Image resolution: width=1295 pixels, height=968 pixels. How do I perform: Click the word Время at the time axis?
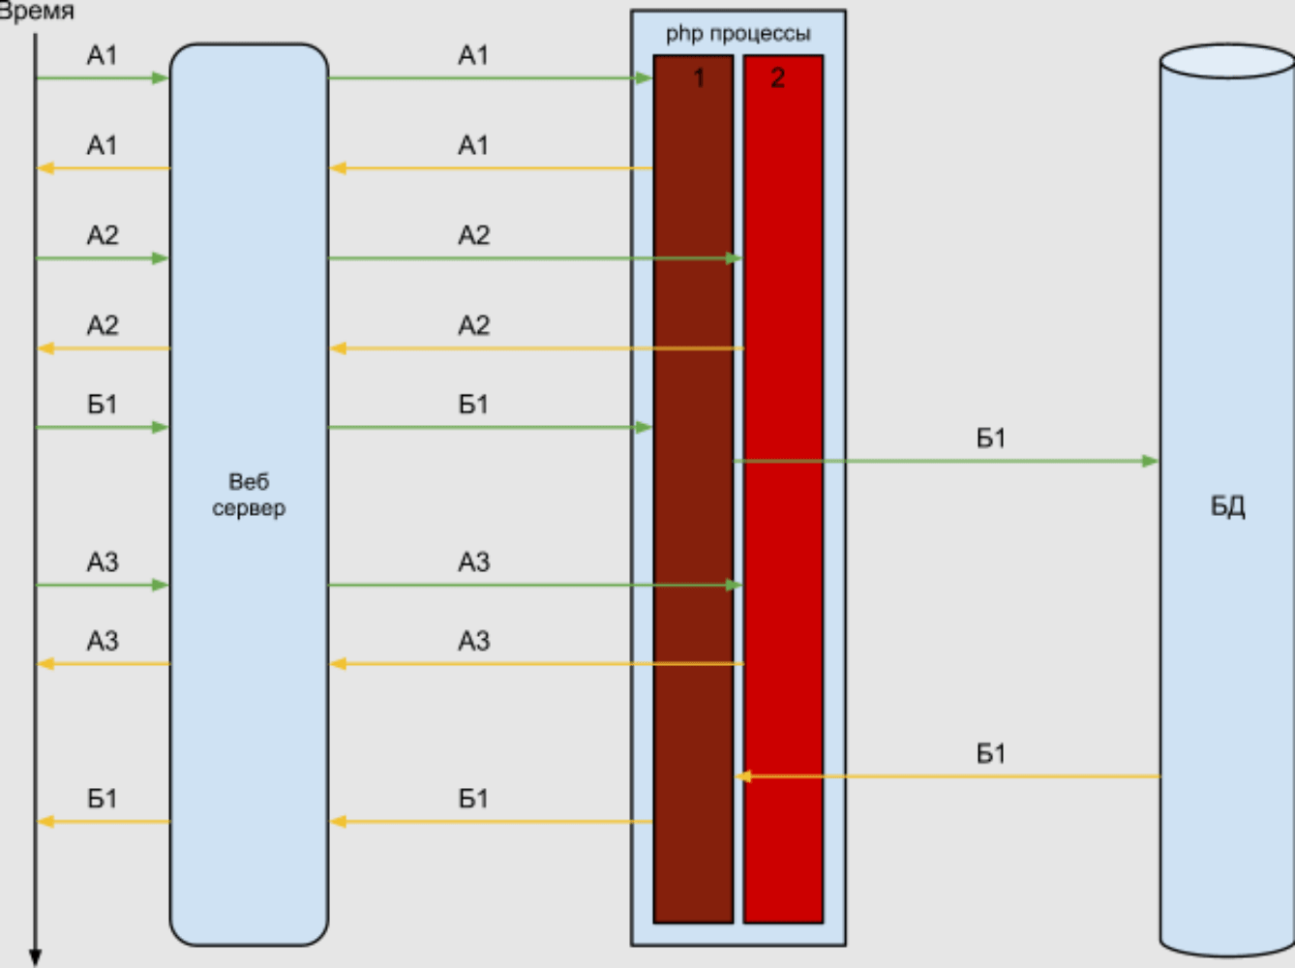pos(37,12)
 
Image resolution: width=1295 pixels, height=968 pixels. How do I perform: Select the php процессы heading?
pos(738,34)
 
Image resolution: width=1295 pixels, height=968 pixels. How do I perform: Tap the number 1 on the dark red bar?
pos(699,78)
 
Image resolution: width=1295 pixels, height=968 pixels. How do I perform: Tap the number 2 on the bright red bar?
pos(777,78)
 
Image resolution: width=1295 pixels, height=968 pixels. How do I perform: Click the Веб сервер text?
pos(249,495)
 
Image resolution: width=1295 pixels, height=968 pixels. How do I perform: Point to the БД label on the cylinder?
pos(1227,506)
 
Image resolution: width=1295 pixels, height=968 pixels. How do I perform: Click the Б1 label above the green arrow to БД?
pos(990,439)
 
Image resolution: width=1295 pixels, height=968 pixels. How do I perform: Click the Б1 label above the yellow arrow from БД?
pos(990,753)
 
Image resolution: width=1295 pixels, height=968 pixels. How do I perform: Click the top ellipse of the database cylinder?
pos(1227,61)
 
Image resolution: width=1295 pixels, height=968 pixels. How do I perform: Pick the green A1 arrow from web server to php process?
pos(489,77)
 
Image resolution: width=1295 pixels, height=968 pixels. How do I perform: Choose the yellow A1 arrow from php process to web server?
pos(489,168)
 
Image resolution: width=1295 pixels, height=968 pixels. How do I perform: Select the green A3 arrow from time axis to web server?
pos(102,585)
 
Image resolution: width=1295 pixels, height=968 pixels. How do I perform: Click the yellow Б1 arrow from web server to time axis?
pos(102,822)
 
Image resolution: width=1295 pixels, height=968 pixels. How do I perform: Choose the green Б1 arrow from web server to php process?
pos(489,427)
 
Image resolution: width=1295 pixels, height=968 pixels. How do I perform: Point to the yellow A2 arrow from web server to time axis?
pos(102,348)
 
